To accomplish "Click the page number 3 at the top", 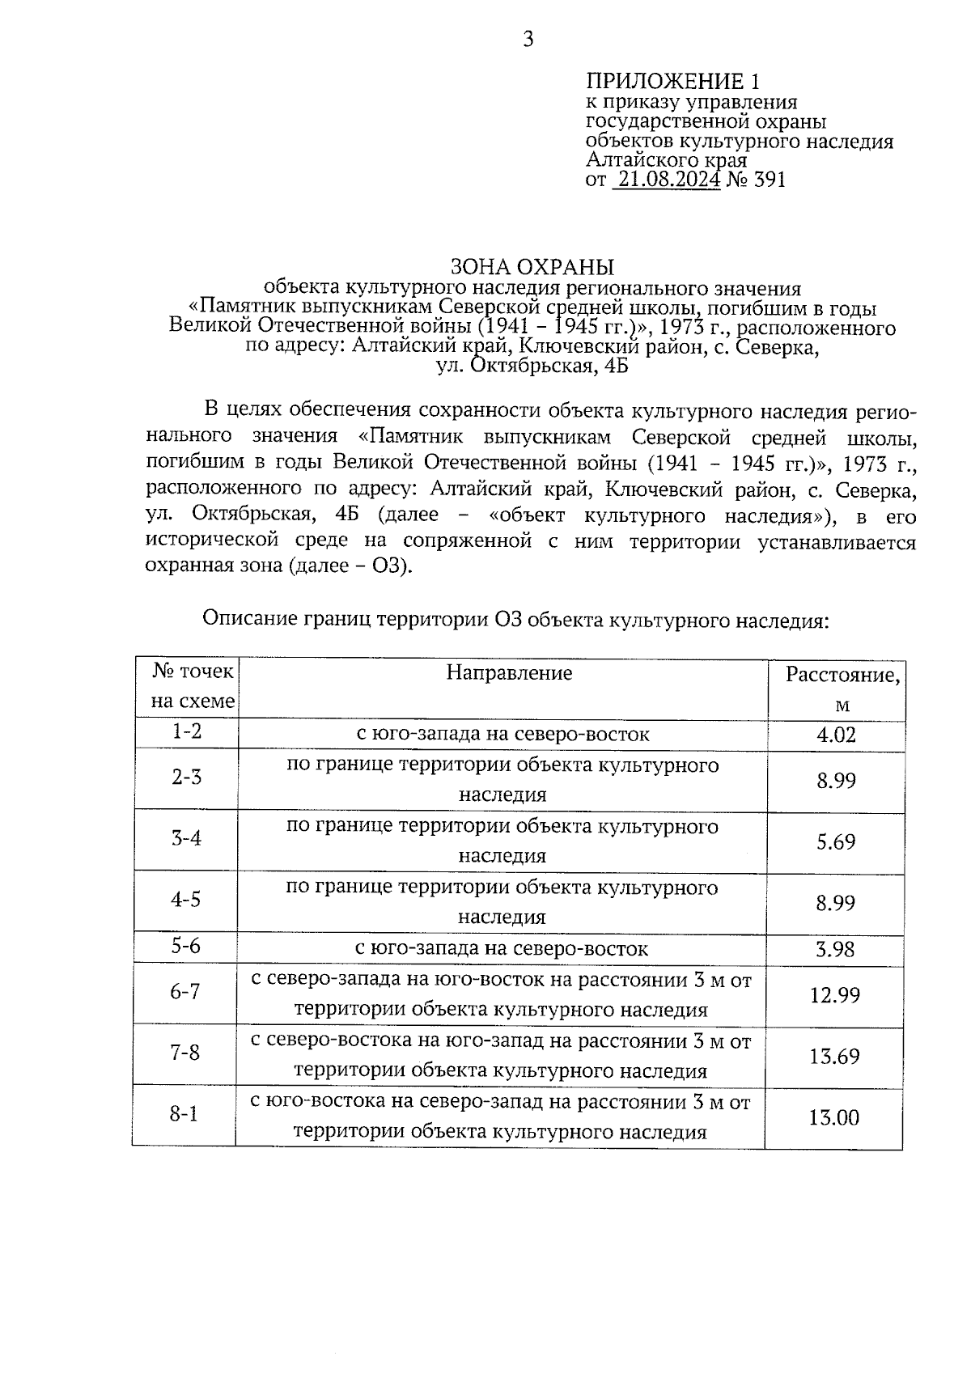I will pyautogui.click(x=528, y=40).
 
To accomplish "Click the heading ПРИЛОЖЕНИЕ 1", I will pyautogui.click(x=673, y=82).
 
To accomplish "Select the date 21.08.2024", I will pyautogui.click(x=667, y=180).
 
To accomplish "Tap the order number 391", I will pyautogui.click(x=769, y=180).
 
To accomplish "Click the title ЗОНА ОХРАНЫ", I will pyautogui.click(x=532, y=267).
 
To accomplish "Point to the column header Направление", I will pyautogui.click(x=509, y=673).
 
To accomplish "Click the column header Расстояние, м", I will pyautogui.click(x=842, y=689).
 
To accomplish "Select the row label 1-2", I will pyautogui.click(x=187, y=731).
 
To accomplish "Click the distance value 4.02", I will pyautogui.click(x=836, y=735).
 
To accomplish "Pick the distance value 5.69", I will pyautogui.click(x=836, y=842).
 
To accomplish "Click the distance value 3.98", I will pyautogui.click(x=835, y=949).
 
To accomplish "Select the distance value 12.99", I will pyautogui.click(x=834, y=995).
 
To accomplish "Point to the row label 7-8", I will pyautogui.click(x=184, y=1053).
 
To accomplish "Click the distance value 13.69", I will pyautogui.click(x=834, y=1057).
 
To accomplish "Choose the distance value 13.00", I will pyautogui.click(x=834, y=1118).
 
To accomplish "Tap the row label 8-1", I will pyautogui.click(x=184, y=1115).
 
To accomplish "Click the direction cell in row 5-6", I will pyautogui.click(x=502, y=948).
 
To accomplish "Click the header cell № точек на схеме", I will pyautogui.click(x=193, y=686).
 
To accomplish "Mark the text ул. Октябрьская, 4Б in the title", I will pyautogui.click(x=532, y=366).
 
